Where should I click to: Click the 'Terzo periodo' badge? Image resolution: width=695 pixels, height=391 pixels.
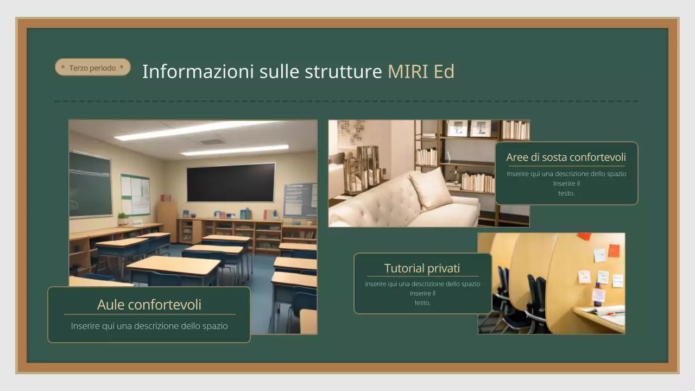[93, 67]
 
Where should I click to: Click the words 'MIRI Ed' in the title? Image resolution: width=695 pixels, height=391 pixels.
[421, 71]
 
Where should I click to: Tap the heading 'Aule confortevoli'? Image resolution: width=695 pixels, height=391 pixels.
[149, 305]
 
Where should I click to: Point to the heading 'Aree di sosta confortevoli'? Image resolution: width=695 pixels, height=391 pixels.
[566, 157]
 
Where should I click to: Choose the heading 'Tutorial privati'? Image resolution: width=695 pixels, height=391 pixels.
[422, 268]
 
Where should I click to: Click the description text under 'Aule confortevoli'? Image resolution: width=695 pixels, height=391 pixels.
[149, 326]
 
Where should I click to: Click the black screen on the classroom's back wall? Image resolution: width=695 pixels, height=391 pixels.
[231, 182]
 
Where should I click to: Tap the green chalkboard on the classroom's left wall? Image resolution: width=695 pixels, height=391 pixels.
[90, 184]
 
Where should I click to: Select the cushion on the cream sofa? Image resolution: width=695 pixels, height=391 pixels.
[431, 188]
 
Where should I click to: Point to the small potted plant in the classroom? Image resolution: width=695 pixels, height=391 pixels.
[123, 218]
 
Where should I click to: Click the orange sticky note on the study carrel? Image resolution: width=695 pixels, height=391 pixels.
[614, 250]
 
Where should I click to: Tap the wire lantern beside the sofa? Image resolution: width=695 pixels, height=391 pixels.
[368, 165]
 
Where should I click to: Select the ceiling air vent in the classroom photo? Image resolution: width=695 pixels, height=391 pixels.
[212, 142]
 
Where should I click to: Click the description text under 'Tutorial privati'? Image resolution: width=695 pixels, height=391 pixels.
[422, 293]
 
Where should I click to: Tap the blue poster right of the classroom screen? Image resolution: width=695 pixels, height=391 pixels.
[300, 200]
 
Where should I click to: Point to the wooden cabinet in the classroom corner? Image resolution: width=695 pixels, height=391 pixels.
[167, 220]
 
